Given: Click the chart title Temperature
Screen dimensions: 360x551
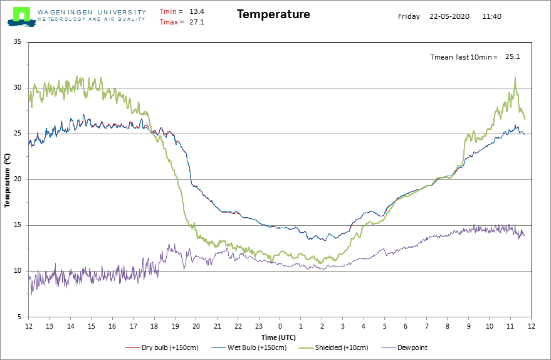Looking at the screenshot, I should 273,14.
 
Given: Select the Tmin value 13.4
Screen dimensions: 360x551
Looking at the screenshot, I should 197,11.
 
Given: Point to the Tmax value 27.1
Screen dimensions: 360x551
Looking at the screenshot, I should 197,23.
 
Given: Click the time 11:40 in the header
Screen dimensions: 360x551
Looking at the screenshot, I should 491,16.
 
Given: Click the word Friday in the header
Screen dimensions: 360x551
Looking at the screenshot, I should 409,16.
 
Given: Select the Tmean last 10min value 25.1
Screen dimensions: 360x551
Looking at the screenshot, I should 513,56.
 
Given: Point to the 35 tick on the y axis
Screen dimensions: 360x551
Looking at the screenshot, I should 18,42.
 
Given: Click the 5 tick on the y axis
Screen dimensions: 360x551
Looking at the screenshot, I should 19,317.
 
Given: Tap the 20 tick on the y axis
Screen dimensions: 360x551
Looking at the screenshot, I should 18,179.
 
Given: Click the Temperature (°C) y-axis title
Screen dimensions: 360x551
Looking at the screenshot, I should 8,180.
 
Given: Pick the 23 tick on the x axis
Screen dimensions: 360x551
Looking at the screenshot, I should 259,326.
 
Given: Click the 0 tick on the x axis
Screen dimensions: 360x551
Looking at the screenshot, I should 280,326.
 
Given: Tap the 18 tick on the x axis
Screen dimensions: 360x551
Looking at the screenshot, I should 154,326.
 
